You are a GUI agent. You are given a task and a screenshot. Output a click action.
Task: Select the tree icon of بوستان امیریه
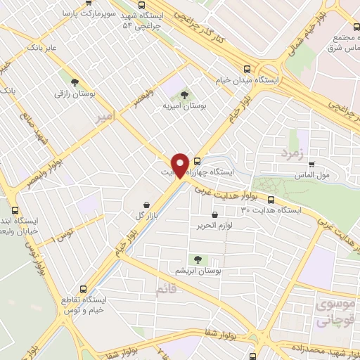pos(184,94)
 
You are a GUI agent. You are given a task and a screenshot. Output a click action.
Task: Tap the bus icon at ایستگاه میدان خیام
pos(247,69)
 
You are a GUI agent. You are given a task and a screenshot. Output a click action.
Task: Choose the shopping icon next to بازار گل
pos(143,201)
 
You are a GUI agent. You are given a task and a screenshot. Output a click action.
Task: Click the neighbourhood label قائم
pos(164,286)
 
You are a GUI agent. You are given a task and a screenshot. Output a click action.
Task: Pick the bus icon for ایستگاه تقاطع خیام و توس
pos(84,289)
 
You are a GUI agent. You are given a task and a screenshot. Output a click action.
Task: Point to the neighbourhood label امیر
pos(104,117)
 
